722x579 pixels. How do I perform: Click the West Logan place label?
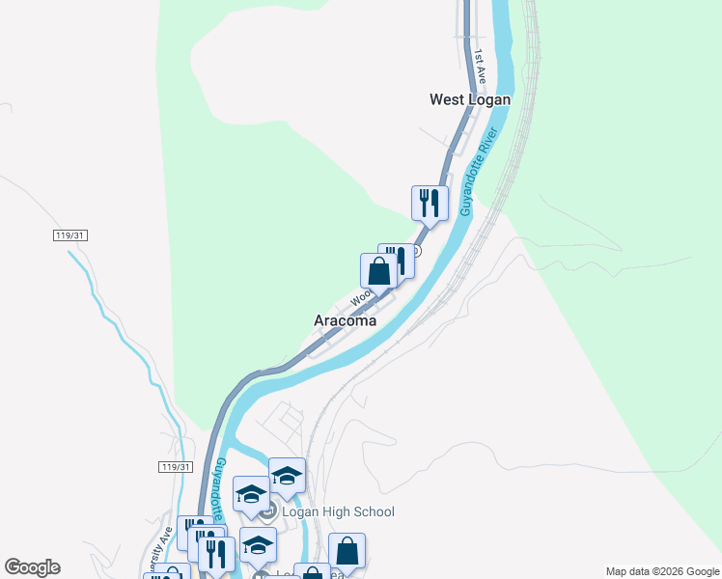[469, 99]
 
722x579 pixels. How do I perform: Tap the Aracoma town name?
[345, 320]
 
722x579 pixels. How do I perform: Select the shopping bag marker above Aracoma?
[379, 270]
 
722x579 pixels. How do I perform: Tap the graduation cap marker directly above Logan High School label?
[287, 475]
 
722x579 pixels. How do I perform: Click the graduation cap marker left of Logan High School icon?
[251, 493]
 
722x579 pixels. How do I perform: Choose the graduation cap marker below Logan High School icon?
[258, 545]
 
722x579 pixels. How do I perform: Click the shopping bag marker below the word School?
[347, 551]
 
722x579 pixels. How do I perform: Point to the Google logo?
[32, 567]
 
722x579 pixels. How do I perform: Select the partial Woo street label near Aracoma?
[361, 297]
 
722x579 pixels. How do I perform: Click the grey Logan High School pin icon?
[268, 510]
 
